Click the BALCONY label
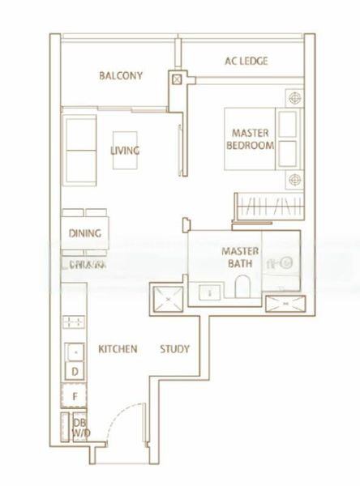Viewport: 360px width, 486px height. click(121, 76)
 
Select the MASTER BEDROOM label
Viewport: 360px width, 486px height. click(252, 139)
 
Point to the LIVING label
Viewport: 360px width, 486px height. click(126, 151)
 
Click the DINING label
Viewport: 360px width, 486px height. click(85, 234)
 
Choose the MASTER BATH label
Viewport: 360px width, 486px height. click(240, 257)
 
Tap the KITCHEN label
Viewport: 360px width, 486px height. click(118, 349)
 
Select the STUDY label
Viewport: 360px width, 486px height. click(174, 349)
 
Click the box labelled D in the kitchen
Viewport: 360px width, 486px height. click(75, 371)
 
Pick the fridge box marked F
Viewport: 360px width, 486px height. click(75, 397)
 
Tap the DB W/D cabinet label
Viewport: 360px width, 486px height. click(80, 428)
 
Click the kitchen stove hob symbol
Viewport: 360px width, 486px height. click(74, 322)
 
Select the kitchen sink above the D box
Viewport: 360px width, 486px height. click(74, 352)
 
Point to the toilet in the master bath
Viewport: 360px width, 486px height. click(241, 288)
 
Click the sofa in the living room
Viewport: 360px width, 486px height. click(79, 150)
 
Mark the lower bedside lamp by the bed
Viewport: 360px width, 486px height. click(293, 178)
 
